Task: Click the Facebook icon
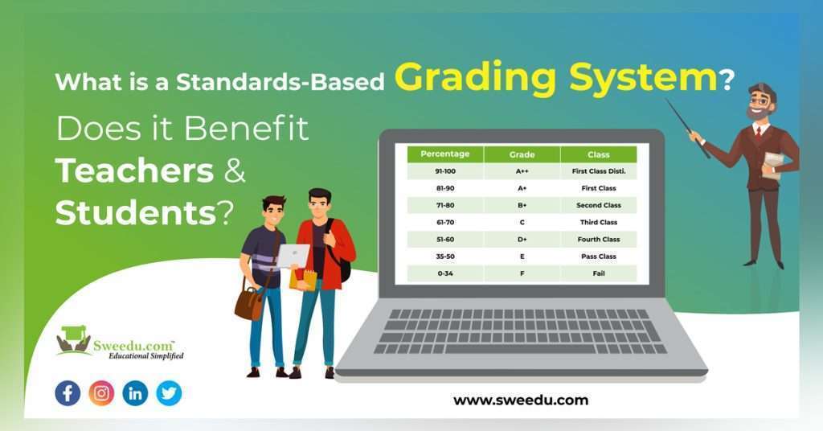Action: point(68,393)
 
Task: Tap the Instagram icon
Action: point(101,393)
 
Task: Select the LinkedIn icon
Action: point(135,393)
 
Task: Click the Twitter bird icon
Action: point(169,393)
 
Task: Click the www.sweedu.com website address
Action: point(520,400)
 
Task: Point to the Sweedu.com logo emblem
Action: point(74,340)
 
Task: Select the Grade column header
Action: point(522,154)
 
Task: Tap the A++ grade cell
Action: point(522,171)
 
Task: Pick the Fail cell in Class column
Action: point(598,273)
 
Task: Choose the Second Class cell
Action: point(598,205)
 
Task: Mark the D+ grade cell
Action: point(522,240)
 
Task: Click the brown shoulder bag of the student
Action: point(248,302)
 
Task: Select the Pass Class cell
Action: point(598,257)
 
